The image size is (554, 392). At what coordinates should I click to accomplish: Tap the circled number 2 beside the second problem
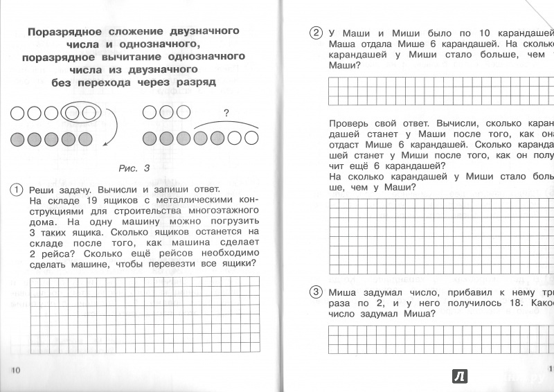(x=316, y=33)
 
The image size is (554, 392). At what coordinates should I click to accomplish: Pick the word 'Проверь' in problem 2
(x=351, y=123)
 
